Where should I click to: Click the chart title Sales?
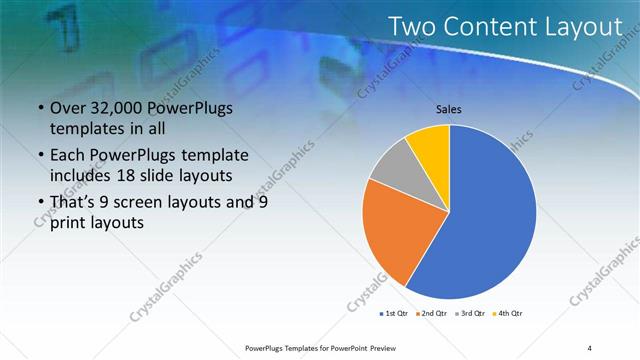pos(450,110)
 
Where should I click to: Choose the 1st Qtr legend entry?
pos(395,313)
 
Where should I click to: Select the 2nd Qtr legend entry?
pos(432,313)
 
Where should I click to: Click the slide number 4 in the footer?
pos(590,347)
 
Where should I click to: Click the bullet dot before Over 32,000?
pos(39,109)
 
